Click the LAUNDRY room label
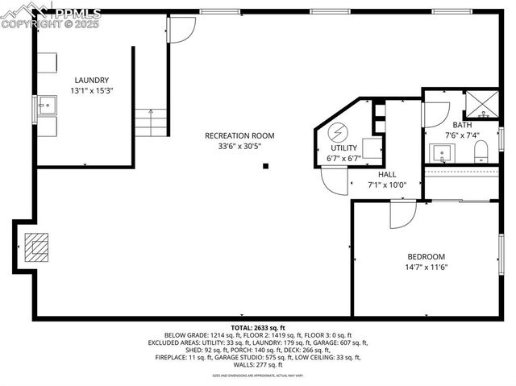(91, 80)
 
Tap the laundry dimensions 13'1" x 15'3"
(91, 90)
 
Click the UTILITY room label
(343, 148)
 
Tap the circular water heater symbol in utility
(339, 131)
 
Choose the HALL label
(387, 174)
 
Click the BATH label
(462, 125)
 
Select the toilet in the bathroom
(481, 150)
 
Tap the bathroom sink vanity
(440, 151)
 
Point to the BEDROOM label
(426, 256)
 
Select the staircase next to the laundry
(151, 122)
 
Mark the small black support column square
(265, 167)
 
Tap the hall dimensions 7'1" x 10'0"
(387, 185)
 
